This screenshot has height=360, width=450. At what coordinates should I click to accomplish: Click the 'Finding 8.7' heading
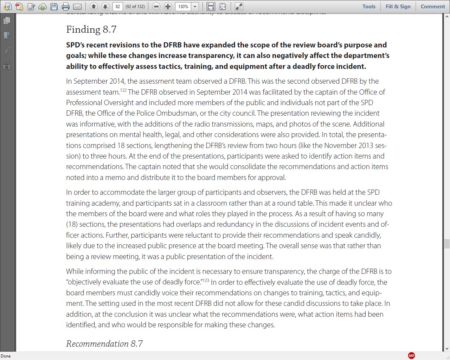pyautogui.click(x=91, y=30)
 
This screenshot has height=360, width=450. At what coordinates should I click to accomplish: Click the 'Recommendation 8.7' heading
pyautogui.click(x=104, y=343)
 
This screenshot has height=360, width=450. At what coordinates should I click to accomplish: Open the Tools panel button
pyautogui.click(x=369, y=6)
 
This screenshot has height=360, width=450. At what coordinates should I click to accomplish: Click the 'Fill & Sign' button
pyautogui.click(x=398, y=6)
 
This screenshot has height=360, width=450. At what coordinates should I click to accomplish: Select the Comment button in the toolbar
pyautogui.click(x=433, y=6)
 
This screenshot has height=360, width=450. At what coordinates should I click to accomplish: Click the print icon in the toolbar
pyautogui.click(x=66, y=6)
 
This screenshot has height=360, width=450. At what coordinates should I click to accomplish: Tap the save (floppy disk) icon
pyautogui.click(x=54, y=6)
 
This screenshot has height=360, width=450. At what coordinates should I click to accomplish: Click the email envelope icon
pyautogui.click(x=77, y=6)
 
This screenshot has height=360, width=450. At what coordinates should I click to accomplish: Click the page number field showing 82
pyautogui.click(x=118, y=6)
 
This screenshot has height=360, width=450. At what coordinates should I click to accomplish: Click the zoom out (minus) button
pyautogui.click(x=157, y=6)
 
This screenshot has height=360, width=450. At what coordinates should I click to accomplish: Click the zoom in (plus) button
pyautogui.click(x=168, y=6)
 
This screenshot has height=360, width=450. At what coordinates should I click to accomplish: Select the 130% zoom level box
pyautogui.click(x=183, y=6)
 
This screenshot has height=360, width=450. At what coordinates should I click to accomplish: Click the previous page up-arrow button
pyautogui.click(x=94, y=6)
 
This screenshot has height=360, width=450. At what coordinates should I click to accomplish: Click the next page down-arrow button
pyautogui.click(x=105, y=6)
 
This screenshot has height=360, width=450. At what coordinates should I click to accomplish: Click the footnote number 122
pyautogui.click(x=123, y=90)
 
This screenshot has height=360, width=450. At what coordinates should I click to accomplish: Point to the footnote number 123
pyautogui.click(x=206, y=280)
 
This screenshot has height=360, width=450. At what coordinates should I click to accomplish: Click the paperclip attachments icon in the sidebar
pyautogui.click(x=6, y=51)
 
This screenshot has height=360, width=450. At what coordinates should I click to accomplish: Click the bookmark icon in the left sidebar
pyautogui.click(x=6, y=36)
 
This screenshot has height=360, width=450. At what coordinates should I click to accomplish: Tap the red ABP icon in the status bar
pyautogui.click(x=411, y=356)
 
